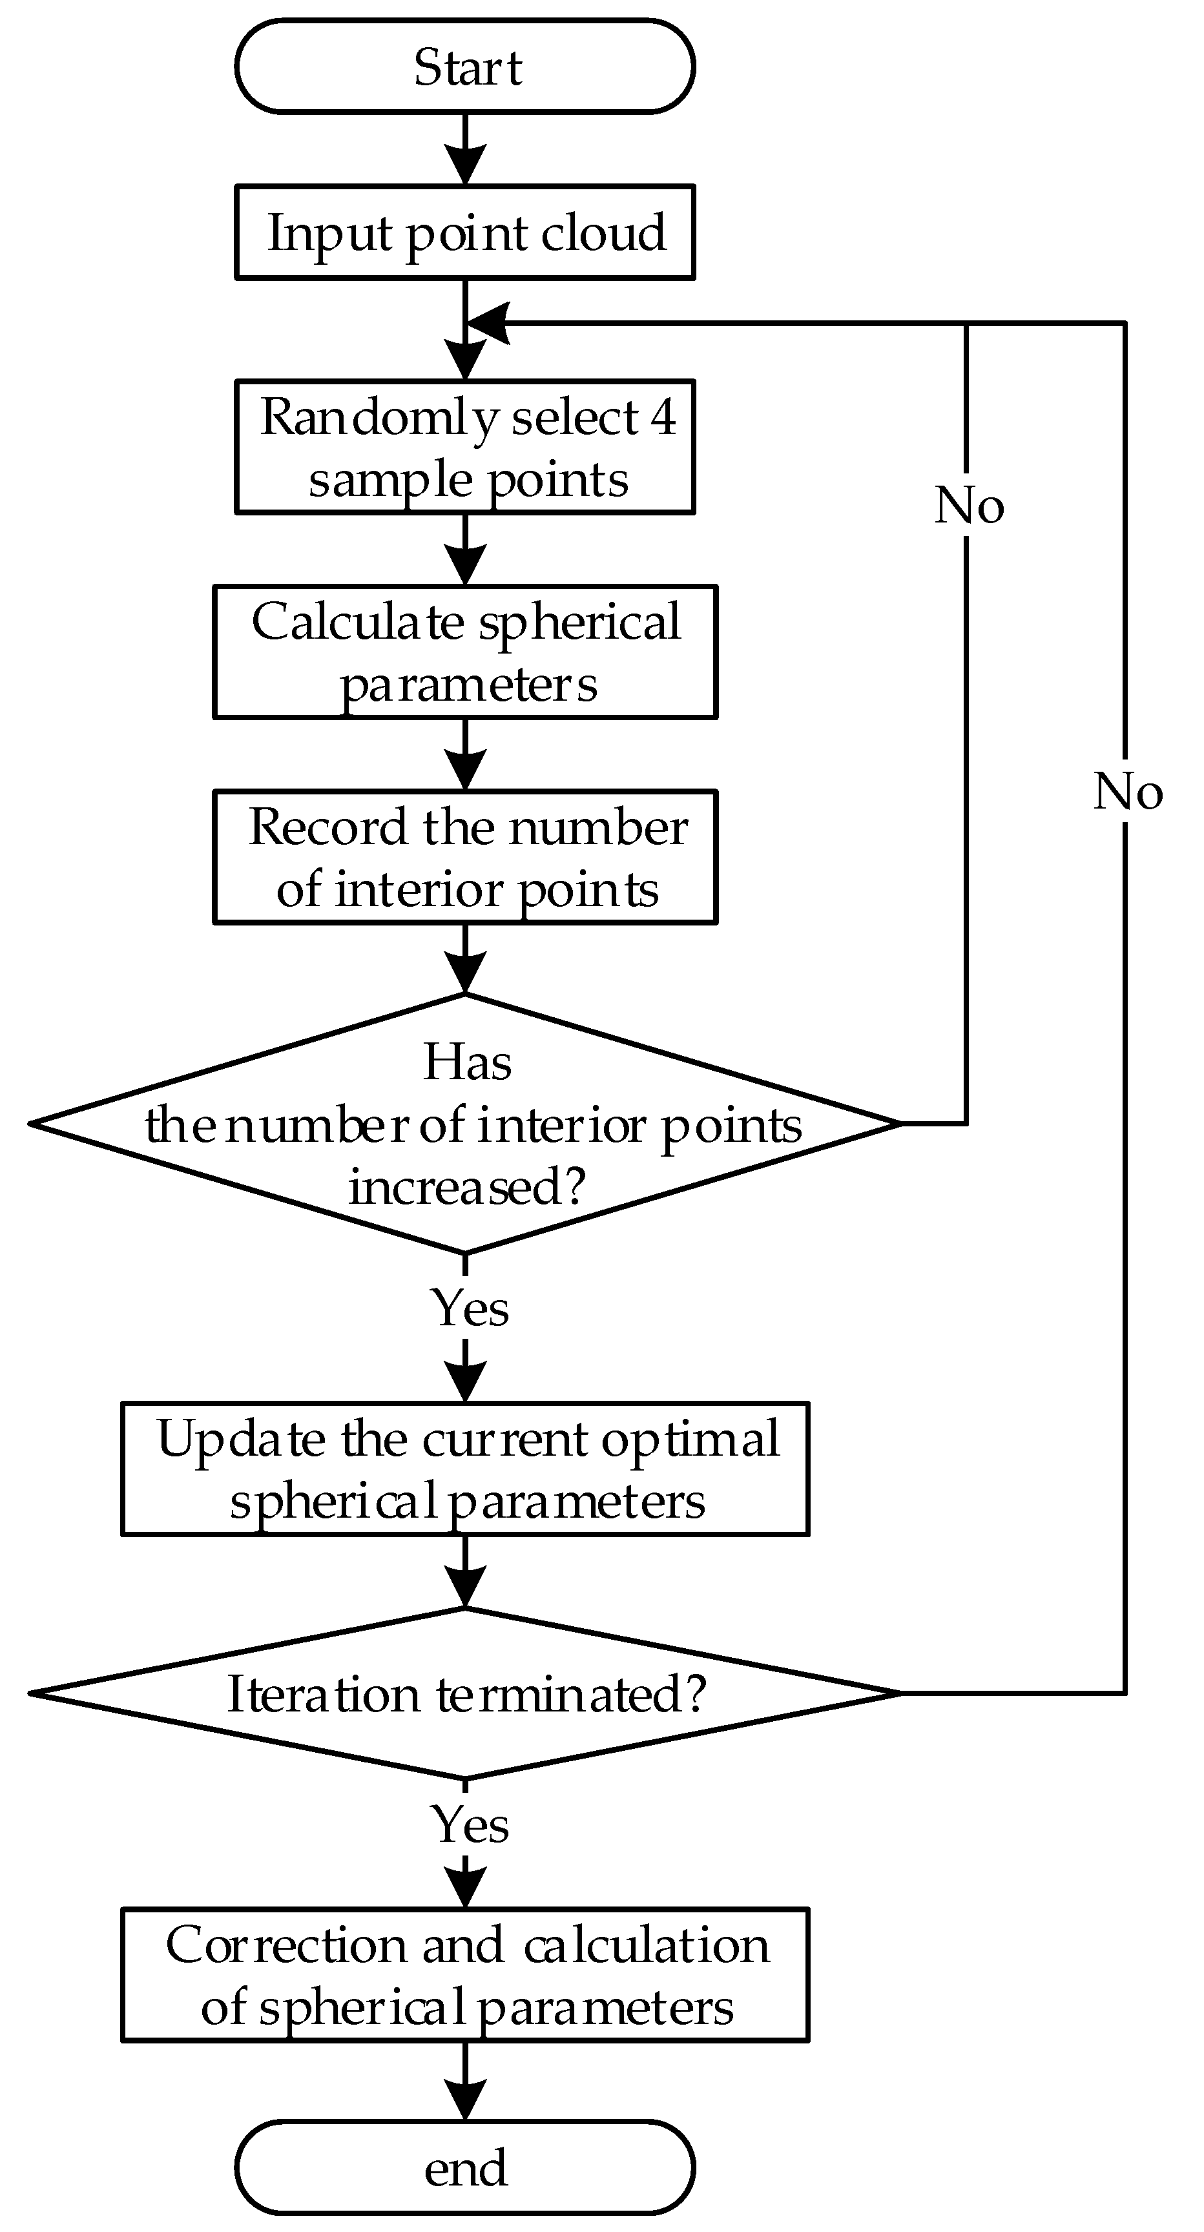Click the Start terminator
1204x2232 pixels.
(464, 67)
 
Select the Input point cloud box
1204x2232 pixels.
(464, 232)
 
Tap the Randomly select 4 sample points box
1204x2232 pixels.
(464, 447)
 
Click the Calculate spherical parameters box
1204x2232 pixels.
(464, 652)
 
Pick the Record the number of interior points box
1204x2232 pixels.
(464, 857)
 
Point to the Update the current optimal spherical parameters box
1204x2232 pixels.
(464, 1469)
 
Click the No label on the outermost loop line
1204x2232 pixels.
(1127, 791)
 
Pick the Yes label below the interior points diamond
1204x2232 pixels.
(469, 1307)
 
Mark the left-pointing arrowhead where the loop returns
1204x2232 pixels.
(487, 323)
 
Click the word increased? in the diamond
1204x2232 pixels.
(467, 1186)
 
